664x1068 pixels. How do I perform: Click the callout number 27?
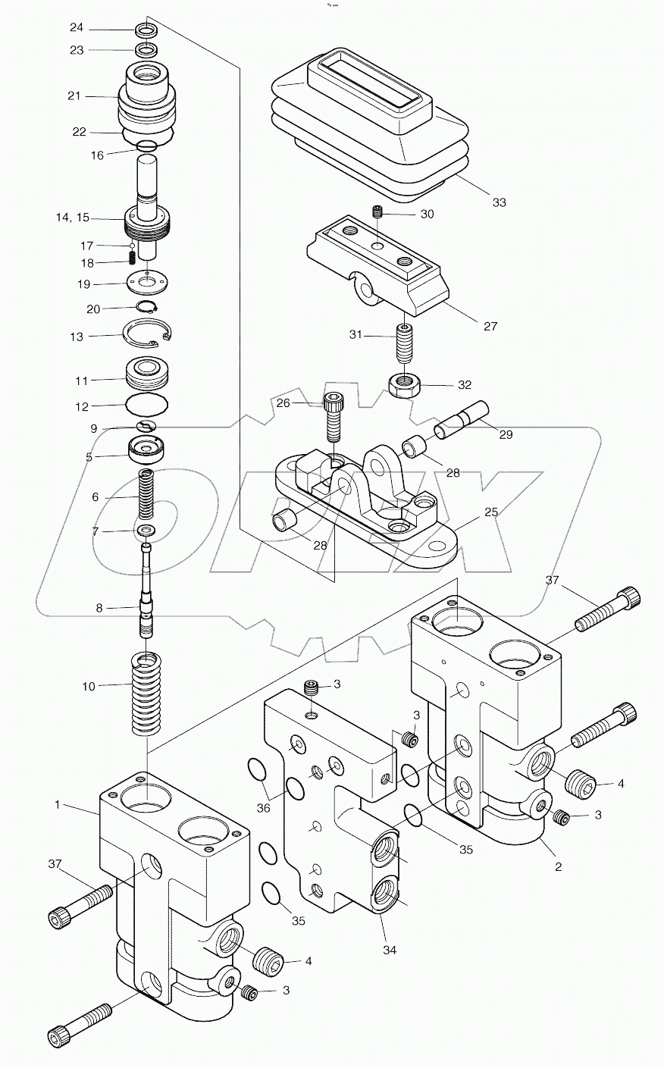pyautogui.click(x=490, y=326)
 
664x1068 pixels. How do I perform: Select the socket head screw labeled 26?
pyautogui.click(x=333, y=417)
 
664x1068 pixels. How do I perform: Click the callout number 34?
pyautogui.click(x=390, y=949)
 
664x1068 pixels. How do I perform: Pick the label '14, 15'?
pyautogui.click(x=72, y=218)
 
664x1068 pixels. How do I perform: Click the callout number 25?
pyautogui.click(x=491, y=513)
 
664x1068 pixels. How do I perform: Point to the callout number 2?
pyautogui.click(x=558, y=866)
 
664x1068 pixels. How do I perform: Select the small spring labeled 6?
pyautogui.click(x=147, y=494)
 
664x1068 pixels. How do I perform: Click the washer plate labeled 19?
pyautogui.click(x=146, y=283)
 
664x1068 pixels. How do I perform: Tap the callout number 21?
pyautogui.click(x=74, y=96)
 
